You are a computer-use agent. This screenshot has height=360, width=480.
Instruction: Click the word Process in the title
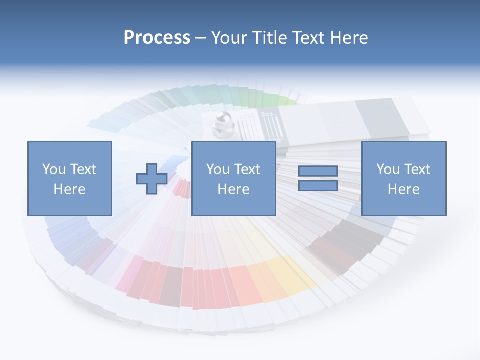[x=157, y=38]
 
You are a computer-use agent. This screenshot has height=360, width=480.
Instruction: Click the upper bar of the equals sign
[x=318, y=171]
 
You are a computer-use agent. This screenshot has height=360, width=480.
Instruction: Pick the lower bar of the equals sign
[x=318, y=186]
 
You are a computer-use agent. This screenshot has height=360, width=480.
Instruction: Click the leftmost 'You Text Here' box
[x=70, y=178]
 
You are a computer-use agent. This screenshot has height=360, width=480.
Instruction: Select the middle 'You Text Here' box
[x=233, y=178]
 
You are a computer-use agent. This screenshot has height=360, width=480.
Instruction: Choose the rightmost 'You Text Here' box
[x=404, y=178]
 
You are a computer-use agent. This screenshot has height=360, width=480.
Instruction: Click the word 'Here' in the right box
[x=404, y=189]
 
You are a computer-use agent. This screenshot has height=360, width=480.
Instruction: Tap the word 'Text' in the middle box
[x=247, y=169]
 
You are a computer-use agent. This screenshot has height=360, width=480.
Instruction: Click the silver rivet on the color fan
[x=220, y=124]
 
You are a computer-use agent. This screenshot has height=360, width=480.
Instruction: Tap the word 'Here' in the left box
[x=70, y=189]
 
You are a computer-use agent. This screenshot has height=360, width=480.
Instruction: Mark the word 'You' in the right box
[x=388, y=169]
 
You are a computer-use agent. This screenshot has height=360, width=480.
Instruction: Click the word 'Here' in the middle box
[x=233, y=189]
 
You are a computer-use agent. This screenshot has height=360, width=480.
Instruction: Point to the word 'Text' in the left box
[x=83, y=169]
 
